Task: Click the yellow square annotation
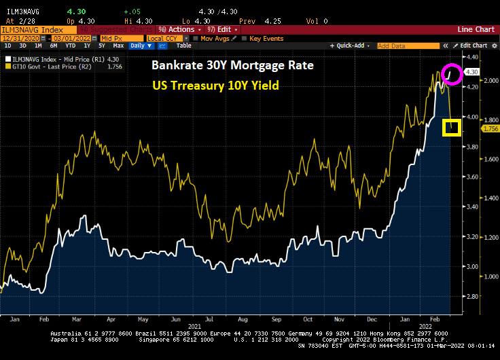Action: (452, 127)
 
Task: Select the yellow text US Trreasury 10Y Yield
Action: (216, 87)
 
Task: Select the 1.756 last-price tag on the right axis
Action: (490, 128)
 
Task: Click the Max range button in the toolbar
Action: (118, 46)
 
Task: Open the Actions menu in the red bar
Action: (177, 29)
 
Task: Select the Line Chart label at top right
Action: (476, 29)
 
